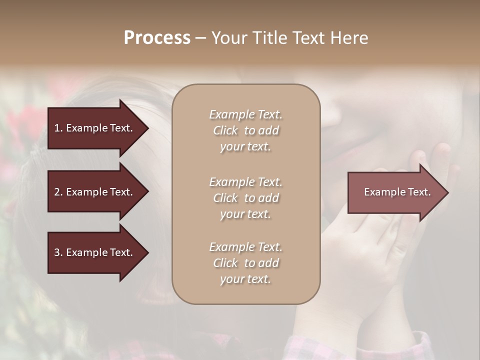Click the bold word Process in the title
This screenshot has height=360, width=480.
coord(157,38)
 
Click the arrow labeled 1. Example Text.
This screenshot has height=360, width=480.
coord(95,128)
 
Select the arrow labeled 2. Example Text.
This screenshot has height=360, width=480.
coord(95,192)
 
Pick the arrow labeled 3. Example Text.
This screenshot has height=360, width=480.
coord(95,252)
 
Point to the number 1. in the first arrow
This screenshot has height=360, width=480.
coord(58,128)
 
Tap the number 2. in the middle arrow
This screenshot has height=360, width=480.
coord(58,192)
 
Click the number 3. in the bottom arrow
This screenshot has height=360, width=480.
coord(58,252)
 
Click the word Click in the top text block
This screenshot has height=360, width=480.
coord(225,130)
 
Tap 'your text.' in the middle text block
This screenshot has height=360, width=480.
coord(245,214)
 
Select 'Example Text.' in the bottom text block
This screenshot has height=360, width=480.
coord(245,246)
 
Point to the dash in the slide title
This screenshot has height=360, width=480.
coord(200,38)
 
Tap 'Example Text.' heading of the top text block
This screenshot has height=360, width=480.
coord(245,114)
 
